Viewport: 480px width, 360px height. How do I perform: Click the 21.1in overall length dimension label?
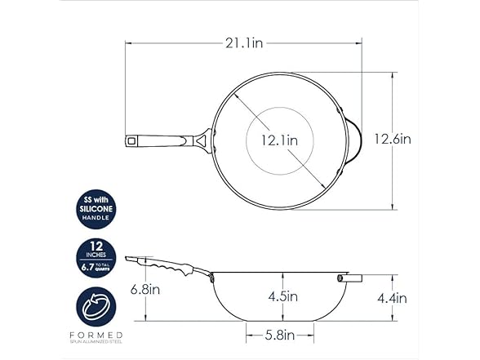[x=244, y=43]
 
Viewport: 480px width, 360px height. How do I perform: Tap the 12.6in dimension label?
[x=393, y=140]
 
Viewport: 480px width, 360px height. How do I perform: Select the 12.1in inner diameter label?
[x=279, y=140]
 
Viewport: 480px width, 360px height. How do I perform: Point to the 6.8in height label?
[x=145, y=289]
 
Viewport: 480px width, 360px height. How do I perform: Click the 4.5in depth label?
[x=282, y=296]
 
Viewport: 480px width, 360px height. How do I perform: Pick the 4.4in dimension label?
[x=392, y=298]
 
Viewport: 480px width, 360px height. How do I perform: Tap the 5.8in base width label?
[x=279, y=336]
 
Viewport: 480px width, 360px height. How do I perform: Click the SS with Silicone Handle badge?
[x=96, y=209]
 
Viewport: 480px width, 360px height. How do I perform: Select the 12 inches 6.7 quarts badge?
[x=96, y=258]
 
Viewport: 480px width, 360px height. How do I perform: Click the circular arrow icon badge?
[x=96, y=307]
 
